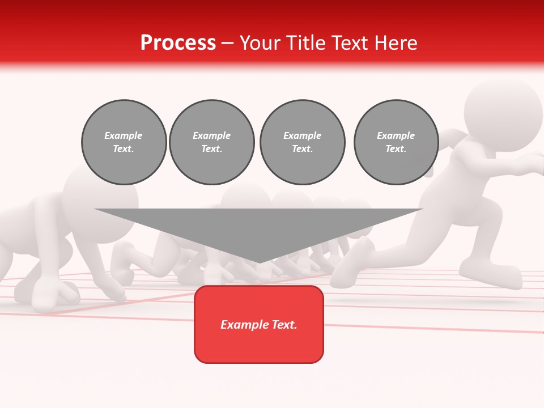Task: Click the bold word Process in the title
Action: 178,43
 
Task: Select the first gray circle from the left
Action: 124,142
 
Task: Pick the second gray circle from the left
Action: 211,142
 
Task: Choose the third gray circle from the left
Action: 302,142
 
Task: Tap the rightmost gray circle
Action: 396,142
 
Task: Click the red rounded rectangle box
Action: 259,324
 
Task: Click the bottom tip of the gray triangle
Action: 259,261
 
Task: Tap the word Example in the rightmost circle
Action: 396,136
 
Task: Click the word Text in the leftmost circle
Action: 124,149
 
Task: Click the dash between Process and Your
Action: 227,43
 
